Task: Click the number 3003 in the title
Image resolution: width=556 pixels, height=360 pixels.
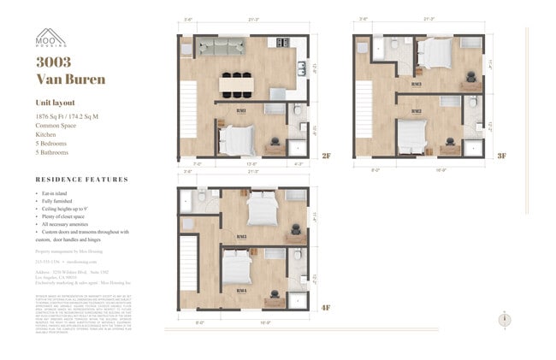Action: tap(54, 62)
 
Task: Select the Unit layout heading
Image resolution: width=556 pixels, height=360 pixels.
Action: tap(56, 102)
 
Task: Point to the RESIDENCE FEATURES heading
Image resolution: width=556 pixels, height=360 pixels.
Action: tap(82, 180)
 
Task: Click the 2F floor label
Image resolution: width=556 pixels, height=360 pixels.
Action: tap(326, 155)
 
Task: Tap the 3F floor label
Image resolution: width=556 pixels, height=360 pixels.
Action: tap(502, 156)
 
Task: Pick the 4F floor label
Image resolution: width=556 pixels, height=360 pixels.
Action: tap(326, 307)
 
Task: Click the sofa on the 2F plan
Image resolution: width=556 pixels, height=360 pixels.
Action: tap(222, 48)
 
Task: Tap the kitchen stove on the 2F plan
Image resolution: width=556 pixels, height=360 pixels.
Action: tap(302, 65)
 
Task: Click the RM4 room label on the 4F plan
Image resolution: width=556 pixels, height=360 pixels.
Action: tap(241, 291)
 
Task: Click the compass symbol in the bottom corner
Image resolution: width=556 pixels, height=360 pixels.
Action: tap(503, 318)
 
